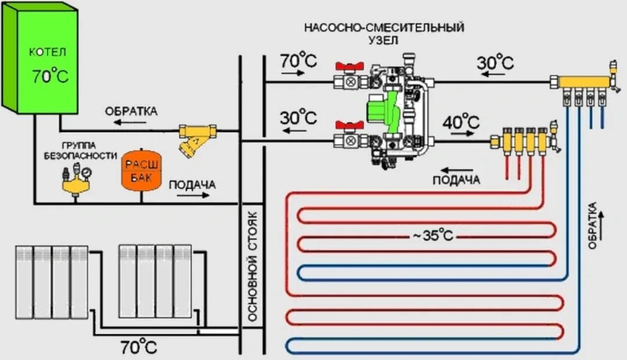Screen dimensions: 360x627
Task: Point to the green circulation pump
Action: (380, 107)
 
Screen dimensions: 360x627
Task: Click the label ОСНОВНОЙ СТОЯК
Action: (252, 271)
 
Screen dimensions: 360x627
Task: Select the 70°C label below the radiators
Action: (138, 347)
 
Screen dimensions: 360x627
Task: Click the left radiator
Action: (52, 282)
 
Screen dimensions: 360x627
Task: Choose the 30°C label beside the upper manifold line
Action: (495, 62)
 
